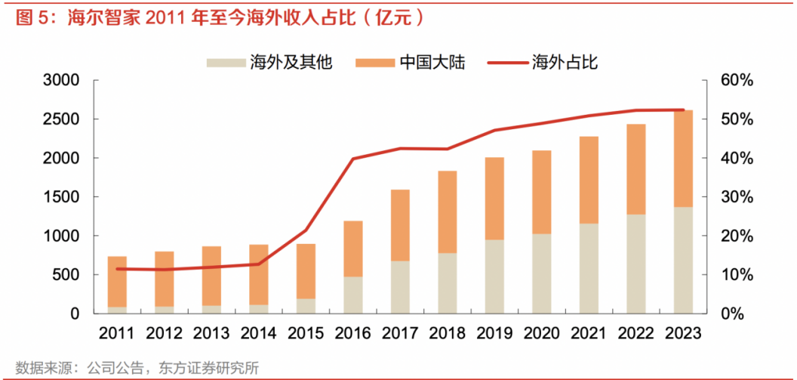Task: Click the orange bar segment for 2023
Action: pos(683,159)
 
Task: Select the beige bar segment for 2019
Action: pos(494,277)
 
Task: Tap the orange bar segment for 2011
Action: pos(117,281)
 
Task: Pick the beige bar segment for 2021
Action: pos(589,268)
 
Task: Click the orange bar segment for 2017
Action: pos(400,225)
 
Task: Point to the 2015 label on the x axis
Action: pos(306,333)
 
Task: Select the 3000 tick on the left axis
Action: pos(62,80)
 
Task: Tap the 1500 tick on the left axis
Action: pos(62,197)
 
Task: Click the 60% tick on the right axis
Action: pos(730,80)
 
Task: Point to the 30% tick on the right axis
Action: pos(730,197)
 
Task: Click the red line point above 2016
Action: pos(353,159)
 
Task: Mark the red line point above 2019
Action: pos(494,131)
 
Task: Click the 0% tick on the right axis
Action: pos(730,314)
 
